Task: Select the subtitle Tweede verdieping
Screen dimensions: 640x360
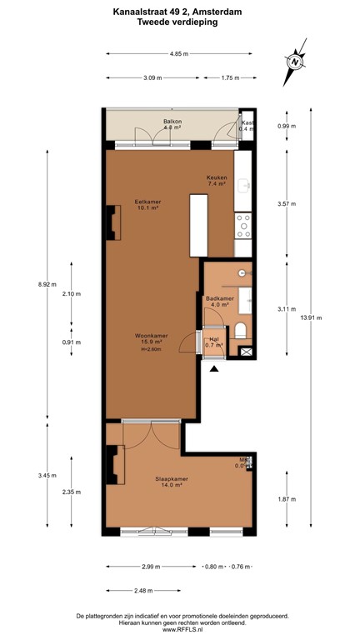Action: (177, 23)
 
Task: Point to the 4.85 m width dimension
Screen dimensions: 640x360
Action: (177, 54)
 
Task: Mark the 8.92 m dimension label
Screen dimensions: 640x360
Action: (47, 284)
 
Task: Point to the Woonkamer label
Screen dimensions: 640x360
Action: (149, 337)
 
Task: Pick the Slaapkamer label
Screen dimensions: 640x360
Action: (171, 479)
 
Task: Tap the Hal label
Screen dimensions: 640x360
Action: (214, 339)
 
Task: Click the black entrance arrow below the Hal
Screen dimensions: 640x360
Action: (214, 369)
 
